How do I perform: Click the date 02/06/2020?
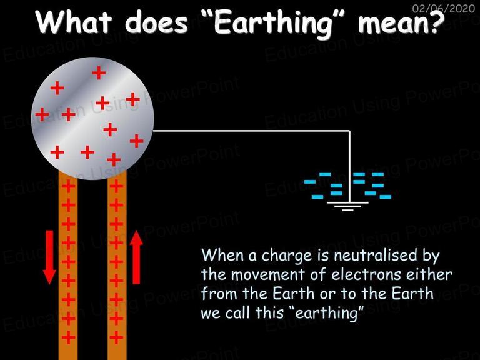pos(444,8)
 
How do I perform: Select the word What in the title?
pos(74,22)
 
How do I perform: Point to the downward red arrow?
pos(49,257)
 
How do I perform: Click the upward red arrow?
pos(136,257)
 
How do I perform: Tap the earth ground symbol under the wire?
pos(347,206)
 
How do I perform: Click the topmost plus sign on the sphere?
pos(99,72)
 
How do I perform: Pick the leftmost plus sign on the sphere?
pos(42,114)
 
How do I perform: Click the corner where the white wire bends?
pos(349,131)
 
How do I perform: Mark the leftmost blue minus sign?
pos(310,182)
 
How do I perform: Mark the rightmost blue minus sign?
pos(386,197)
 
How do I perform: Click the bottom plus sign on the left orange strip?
pos(68,337)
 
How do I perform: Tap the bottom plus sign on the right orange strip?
pos(116,337)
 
